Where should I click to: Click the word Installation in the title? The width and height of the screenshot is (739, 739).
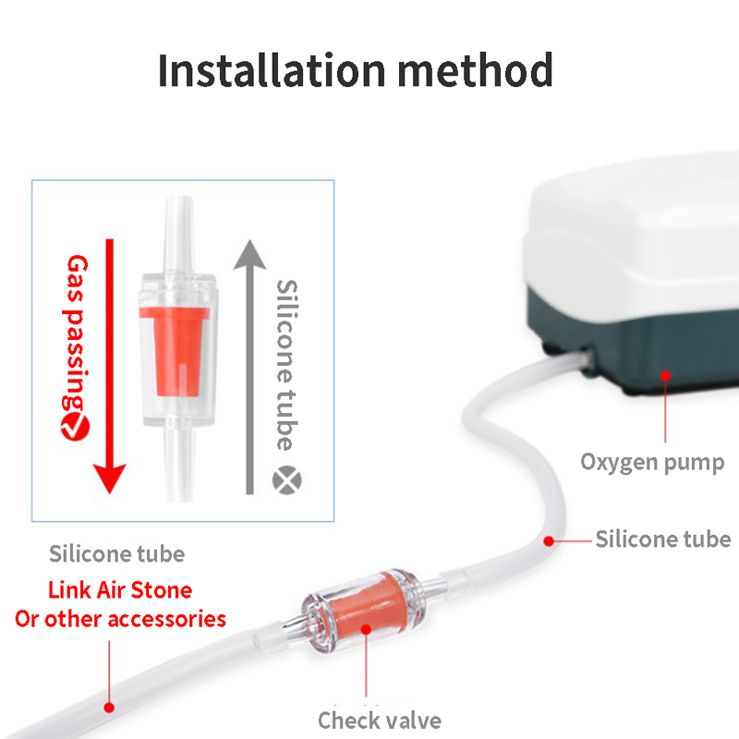272,70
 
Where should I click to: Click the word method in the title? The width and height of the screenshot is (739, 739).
476,70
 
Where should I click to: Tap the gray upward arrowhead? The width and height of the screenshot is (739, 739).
249,255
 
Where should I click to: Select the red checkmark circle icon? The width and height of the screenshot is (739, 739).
76,427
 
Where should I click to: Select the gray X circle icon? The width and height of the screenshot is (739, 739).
287,480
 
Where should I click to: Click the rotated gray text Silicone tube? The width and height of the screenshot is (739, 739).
286,365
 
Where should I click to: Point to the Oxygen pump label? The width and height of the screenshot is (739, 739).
652,463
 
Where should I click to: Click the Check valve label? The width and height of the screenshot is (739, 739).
380,721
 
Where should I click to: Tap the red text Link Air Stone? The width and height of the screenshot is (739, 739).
120,590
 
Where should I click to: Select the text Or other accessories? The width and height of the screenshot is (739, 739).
120,619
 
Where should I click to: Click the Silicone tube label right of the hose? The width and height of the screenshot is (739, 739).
663,539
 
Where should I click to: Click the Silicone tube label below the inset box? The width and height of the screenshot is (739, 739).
117,553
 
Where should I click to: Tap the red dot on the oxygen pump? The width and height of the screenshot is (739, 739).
665,376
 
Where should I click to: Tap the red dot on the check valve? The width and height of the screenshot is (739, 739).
366,629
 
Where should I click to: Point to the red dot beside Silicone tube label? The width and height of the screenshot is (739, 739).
549,541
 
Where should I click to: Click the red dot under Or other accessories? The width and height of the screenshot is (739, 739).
109,708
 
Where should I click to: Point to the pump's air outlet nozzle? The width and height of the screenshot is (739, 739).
585,359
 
